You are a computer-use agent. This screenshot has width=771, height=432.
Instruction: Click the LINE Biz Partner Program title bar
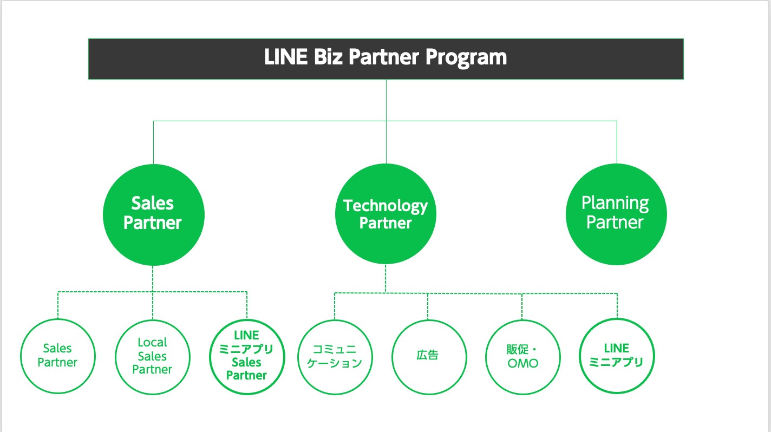(385, 58)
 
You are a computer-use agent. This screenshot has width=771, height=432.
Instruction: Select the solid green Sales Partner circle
(153, 214)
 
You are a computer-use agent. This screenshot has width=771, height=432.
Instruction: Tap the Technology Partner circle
(385, 214)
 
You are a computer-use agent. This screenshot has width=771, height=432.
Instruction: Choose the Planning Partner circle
(616, 214)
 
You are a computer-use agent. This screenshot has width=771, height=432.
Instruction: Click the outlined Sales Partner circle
(57, 356)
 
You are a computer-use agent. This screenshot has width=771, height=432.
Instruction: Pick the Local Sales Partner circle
(152, 356)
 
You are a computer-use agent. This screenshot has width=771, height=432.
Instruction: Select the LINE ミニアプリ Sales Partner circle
(246, 356)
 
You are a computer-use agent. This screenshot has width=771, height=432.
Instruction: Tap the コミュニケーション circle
(335, 356)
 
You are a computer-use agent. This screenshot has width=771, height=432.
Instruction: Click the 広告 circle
(428, 356)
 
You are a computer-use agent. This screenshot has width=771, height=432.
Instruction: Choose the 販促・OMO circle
(522, 356)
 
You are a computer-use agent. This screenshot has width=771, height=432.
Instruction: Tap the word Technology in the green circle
(385, 206)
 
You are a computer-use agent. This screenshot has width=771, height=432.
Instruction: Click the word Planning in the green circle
(615, 204)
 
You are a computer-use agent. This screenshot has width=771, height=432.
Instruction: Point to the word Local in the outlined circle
(152, 342)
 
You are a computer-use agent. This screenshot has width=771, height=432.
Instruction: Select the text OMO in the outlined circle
(523, 363)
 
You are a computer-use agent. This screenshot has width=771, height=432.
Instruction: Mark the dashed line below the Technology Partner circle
(385, 279)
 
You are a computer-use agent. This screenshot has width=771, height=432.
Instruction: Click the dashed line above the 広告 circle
(428, 306)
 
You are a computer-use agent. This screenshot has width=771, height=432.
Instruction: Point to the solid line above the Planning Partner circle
(617, 142)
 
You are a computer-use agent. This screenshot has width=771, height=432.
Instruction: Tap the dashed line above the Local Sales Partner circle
(152, 306)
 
